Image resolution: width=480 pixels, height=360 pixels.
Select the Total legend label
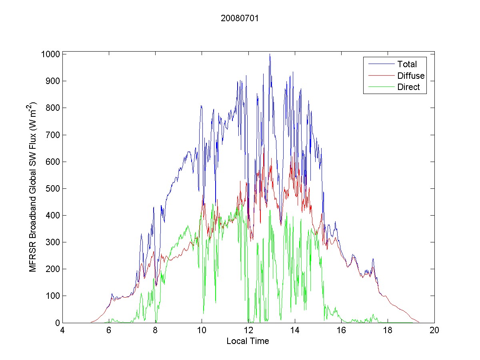(407, 64)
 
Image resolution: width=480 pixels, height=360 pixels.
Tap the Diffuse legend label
(411, 76)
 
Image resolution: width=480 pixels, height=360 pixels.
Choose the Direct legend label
(408, 88)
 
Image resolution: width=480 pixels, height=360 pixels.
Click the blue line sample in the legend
(380, 64)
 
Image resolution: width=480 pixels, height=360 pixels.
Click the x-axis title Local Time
(248, 341)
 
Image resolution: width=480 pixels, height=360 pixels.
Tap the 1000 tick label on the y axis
(50, 54)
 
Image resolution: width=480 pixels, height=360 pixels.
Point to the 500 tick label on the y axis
(53, 188)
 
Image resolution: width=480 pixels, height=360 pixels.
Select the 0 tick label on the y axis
(57, 323)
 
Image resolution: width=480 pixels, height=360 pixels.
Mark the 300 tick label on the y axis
(53, 242)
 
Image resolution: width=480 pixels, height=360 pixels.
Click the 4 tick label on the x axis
(62, 331)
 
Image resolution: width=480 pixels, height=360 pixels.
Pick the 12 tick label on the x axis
(248, 331)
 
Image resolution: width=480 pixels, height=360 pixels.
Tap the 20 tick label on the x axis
(434, 331)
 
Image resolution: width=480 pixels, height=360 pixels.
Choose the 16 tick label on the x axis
(341, 331)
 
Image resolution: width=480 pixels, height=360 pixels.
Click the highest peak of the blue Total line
(270, 54)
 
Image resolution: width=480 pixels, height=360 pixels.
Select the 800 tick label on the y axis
(53, 108)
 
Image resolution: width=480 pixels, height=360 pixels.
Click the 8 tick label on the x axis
(155, 331)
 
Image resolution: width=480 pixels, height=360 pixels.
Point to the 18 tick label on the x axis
(388, 331)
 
